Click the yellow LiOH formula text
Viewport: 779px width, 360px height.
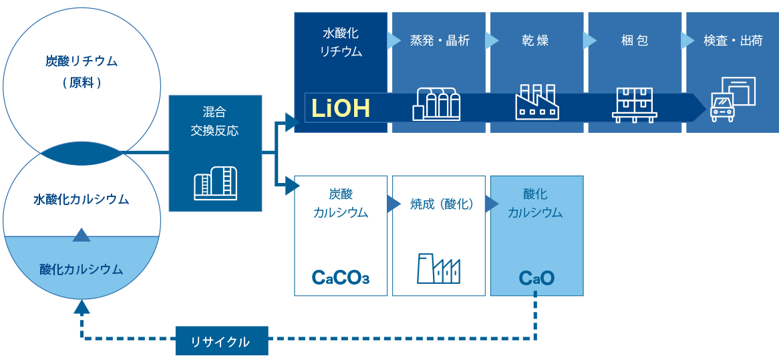[x=341, y=108]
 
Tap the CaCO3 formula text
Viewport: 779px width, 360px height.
[x=341, y=277]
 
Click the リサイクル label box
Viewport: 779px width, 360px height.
[x=221, y=341]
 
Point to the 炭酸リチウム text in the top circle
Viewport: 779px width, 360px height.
[x=82, y=61]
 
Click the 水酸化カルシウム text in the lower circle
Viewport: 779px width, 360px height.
[x=82, y=199]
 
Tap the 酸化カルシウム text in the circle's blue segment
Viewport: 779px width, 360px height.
[x=82, y=269]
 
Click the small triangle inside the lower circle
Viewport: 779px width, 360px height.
[x=82, y=234]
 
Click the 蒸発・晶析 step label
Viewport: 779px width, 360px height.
[x=439, y=41]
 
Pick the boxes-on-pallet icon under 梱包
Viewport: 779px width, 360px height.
[x=634, y=104]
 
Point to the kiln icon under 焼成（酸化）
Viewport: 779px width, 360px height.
[x=438, y=268]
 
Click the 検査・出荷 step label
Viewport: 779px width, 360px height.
[x=732, y=41]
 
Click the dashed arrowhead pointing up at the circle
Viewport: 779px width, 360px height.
[x=82, y=307]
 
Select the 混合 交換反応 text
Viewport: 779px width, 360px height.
[x=214, y=120]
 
